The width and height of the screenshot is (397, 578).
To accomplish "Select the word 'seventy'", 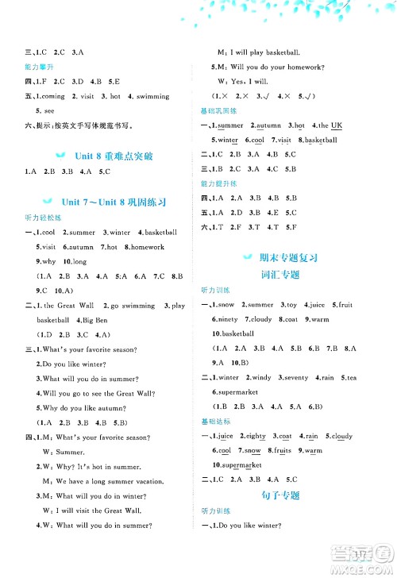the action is [x=295, y=378].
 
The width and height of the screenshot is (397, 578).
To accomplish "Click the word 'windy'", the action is [x=261, y=378].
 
